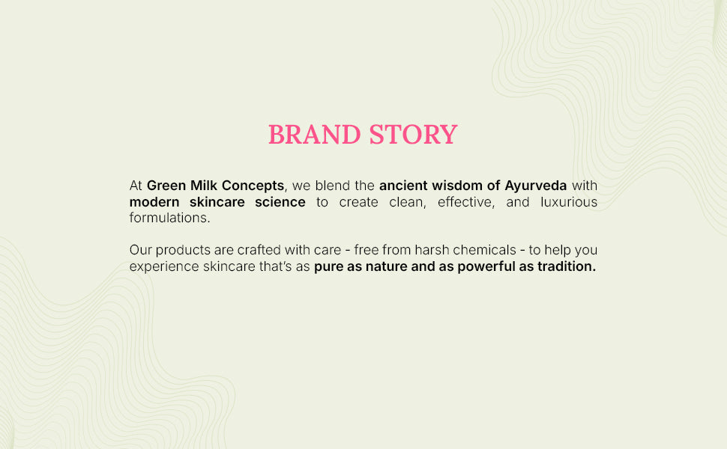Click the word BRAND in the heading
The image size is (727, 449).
[x=314, y=135]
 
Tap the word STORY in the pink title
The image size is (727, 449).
[x=414, y=135]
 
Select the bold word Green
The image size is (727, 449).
[x=166, y=186]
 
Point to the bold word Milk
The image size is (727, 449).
[x=204, y=186]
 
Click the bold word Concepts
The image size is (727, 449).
[x=253, y=186]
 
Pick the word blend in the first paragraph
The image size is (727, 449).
[x=333, y=186]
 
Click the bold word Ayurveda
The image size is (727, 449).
[x=536, y=186]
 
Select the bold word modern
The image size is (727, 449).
[x=154, y=202]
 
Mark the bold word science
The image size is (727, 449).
[x=280, y=202]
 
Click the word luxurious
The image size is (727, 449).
[x=569, y=202]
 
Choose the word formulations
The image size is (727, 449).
[x=169, y=218]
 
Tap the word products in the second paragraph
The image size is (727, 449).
[x=183, y=251]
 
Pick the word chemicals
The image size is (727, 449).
[x=484, y=250]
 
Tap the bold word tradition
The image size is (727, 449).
[x=567, y=266]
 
